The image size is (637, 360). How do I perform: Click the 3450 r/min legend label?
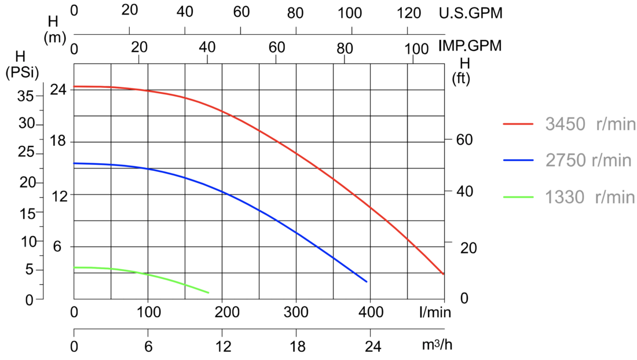tap(590, 124)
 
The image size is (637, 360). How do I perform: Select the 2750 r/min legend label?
tap(588, 160)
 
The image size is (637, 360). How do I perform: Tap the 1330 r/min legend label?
tap(590, 197)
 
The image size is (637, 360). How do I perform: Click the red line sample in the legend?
tap(518, 124)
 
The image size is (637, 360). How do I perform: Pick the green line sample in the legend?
tap(518, 197)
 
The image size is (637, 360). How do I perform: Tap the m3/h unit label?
tap(436, 345)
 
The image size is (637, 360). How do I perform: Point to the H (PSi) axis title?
tap(21, 64)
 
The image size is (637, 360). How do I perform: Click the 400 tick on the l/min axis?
tap(370, 313)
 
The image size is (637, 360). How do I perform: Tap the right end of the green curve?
tap(208, 293)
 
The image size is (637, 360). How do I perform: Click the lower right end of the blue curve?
tap(367, 282)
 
